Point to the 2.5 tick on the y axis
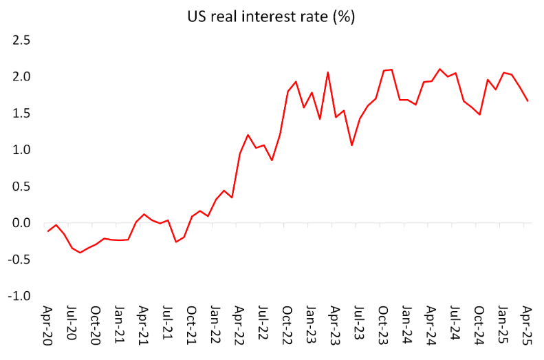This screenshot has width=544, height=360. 21,40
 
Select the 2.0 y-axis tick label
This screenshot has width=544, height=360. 21,76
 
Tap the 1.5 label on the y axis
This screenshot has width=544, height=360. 21,113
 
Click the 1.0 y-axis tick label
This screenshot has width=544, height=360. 21,149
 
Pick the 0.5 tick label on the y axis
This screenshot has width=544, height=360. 21,187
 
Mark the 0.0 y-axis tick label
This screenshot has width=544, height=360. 21,223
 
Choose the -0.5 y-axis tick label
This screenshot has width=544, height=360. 19,260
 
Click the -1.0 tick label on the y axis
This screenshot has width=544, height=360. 19,296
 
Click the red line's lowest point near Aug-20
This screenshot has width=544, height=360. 80,253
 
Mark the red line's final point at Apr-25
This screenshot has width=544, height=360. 527,101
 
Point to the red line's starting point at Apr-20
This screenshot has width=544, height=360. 47,231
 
